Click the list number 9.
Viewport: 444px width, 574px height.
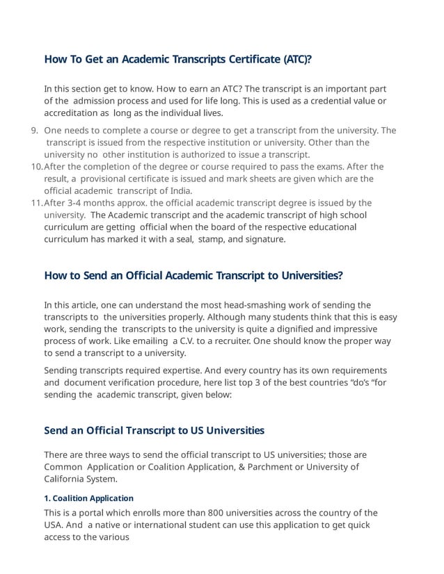pos(35,131)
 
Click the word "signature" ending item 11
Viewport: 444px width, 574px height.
pos(263,239)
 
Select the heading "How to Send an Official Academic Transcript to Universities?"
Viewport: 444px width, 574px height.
pos(193,275)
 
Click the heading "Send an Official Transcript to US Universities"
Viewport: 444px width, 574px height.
pos(154,430)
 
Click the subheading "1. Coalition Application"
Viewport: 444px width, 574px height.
pos(88,498)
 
